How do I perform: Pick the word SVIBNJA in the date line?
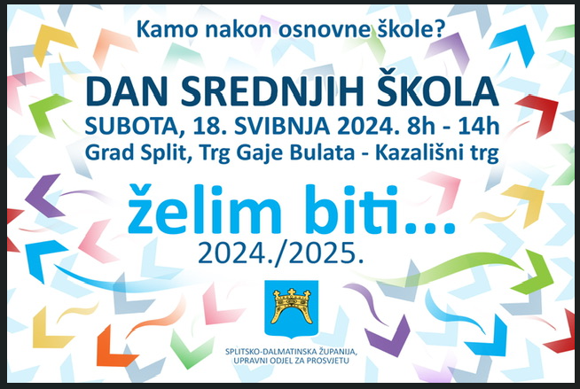point(281,127)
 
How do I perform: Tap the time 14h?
point(479,127)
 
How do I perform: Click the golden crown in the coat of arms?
point(292,306)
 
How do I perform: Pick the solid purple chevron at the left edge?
point(44,196)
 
